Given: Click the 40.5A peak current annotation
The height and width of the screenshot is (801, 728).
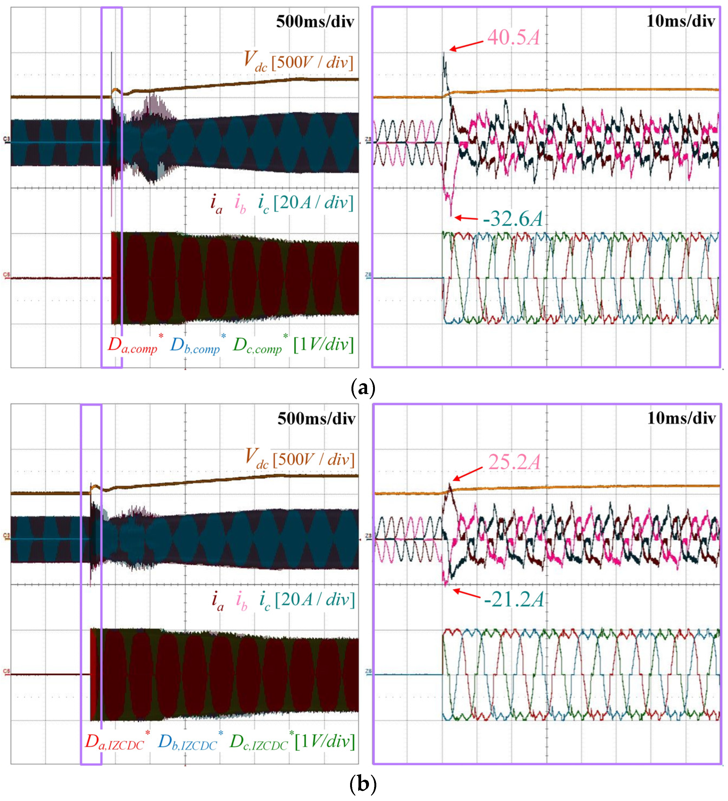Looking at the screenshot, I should click(513, 38).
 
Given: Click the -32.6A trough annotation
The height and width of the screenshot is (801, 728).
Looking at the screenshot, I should click(512, 219).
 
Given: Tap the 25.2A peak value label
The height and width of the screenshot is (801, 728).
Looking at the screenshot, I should click(514, 462).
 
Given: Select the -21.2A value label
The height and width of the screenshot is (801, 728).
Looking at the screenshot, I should click(513, 600).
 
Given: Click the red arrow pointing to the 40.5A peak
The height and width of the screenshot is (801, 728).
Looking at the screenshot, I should click(466, 45).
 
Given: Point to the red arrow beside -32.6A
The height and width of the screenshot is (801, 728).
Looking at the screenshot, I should click(466, 218).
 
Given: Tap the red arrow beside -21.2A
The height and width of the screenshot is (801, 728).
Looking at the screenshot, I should click(466, 593).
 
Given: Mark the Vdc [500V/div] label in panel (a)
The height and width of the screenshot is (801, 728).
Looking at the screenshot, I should click(298, 62).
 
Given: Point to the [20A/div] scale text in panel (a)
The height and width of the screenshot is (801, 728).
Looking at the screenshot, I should click(313, 203).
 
